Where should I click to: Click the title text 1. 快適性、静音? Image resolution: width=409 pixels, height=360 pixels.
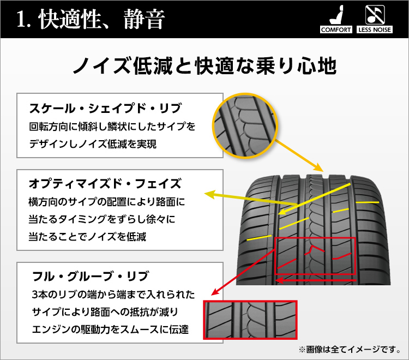[x=90, y=20]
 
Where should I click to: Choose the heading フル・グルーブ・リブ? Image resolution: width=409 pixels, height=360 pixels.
[x=91, y=275]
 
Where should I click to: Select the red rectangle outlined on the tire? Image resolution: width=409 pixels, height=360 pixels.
[x=315, y=256]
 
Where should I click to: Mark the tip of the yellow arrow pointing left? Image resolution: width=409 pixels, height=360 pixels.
[x=206, y=193]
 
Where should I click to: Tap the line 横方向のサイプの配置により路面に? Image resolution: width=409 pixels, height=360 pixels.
[x=107, y=202]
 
